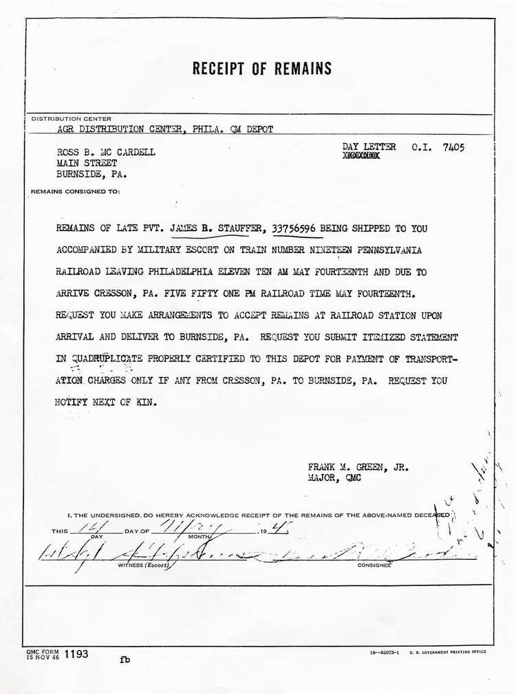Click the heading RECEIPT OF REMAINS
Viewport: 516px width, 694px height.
tap(261, 69)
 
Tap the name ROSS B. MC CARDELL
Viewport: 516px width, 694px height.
tap(105, 152)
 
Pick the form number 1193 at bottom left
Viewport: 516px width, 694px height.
tap(76, 654)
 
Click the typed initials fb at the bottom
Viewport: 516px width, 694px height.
tap(125, 659)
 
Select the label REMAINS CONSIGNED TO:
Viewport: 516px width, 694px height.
tap(75, 191)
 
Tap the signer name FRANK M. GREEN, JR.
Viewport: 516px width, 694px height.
tap(358, 466)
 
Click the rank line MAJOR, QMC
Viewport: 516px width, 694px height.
tap(334, 477)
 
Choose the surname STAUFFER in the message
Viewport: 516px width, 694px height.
tap(241, 228)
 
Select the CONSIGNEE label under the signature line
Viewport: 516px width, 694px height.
tap(374, 565)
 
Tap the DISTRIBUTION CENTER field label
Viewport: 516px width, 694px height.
tap(72, 119)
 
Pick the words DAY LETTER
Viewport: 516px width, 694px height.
tap(369, 147)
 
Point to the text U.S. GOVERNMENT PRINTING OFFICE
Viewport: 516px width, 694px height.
tap(448, 651)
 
